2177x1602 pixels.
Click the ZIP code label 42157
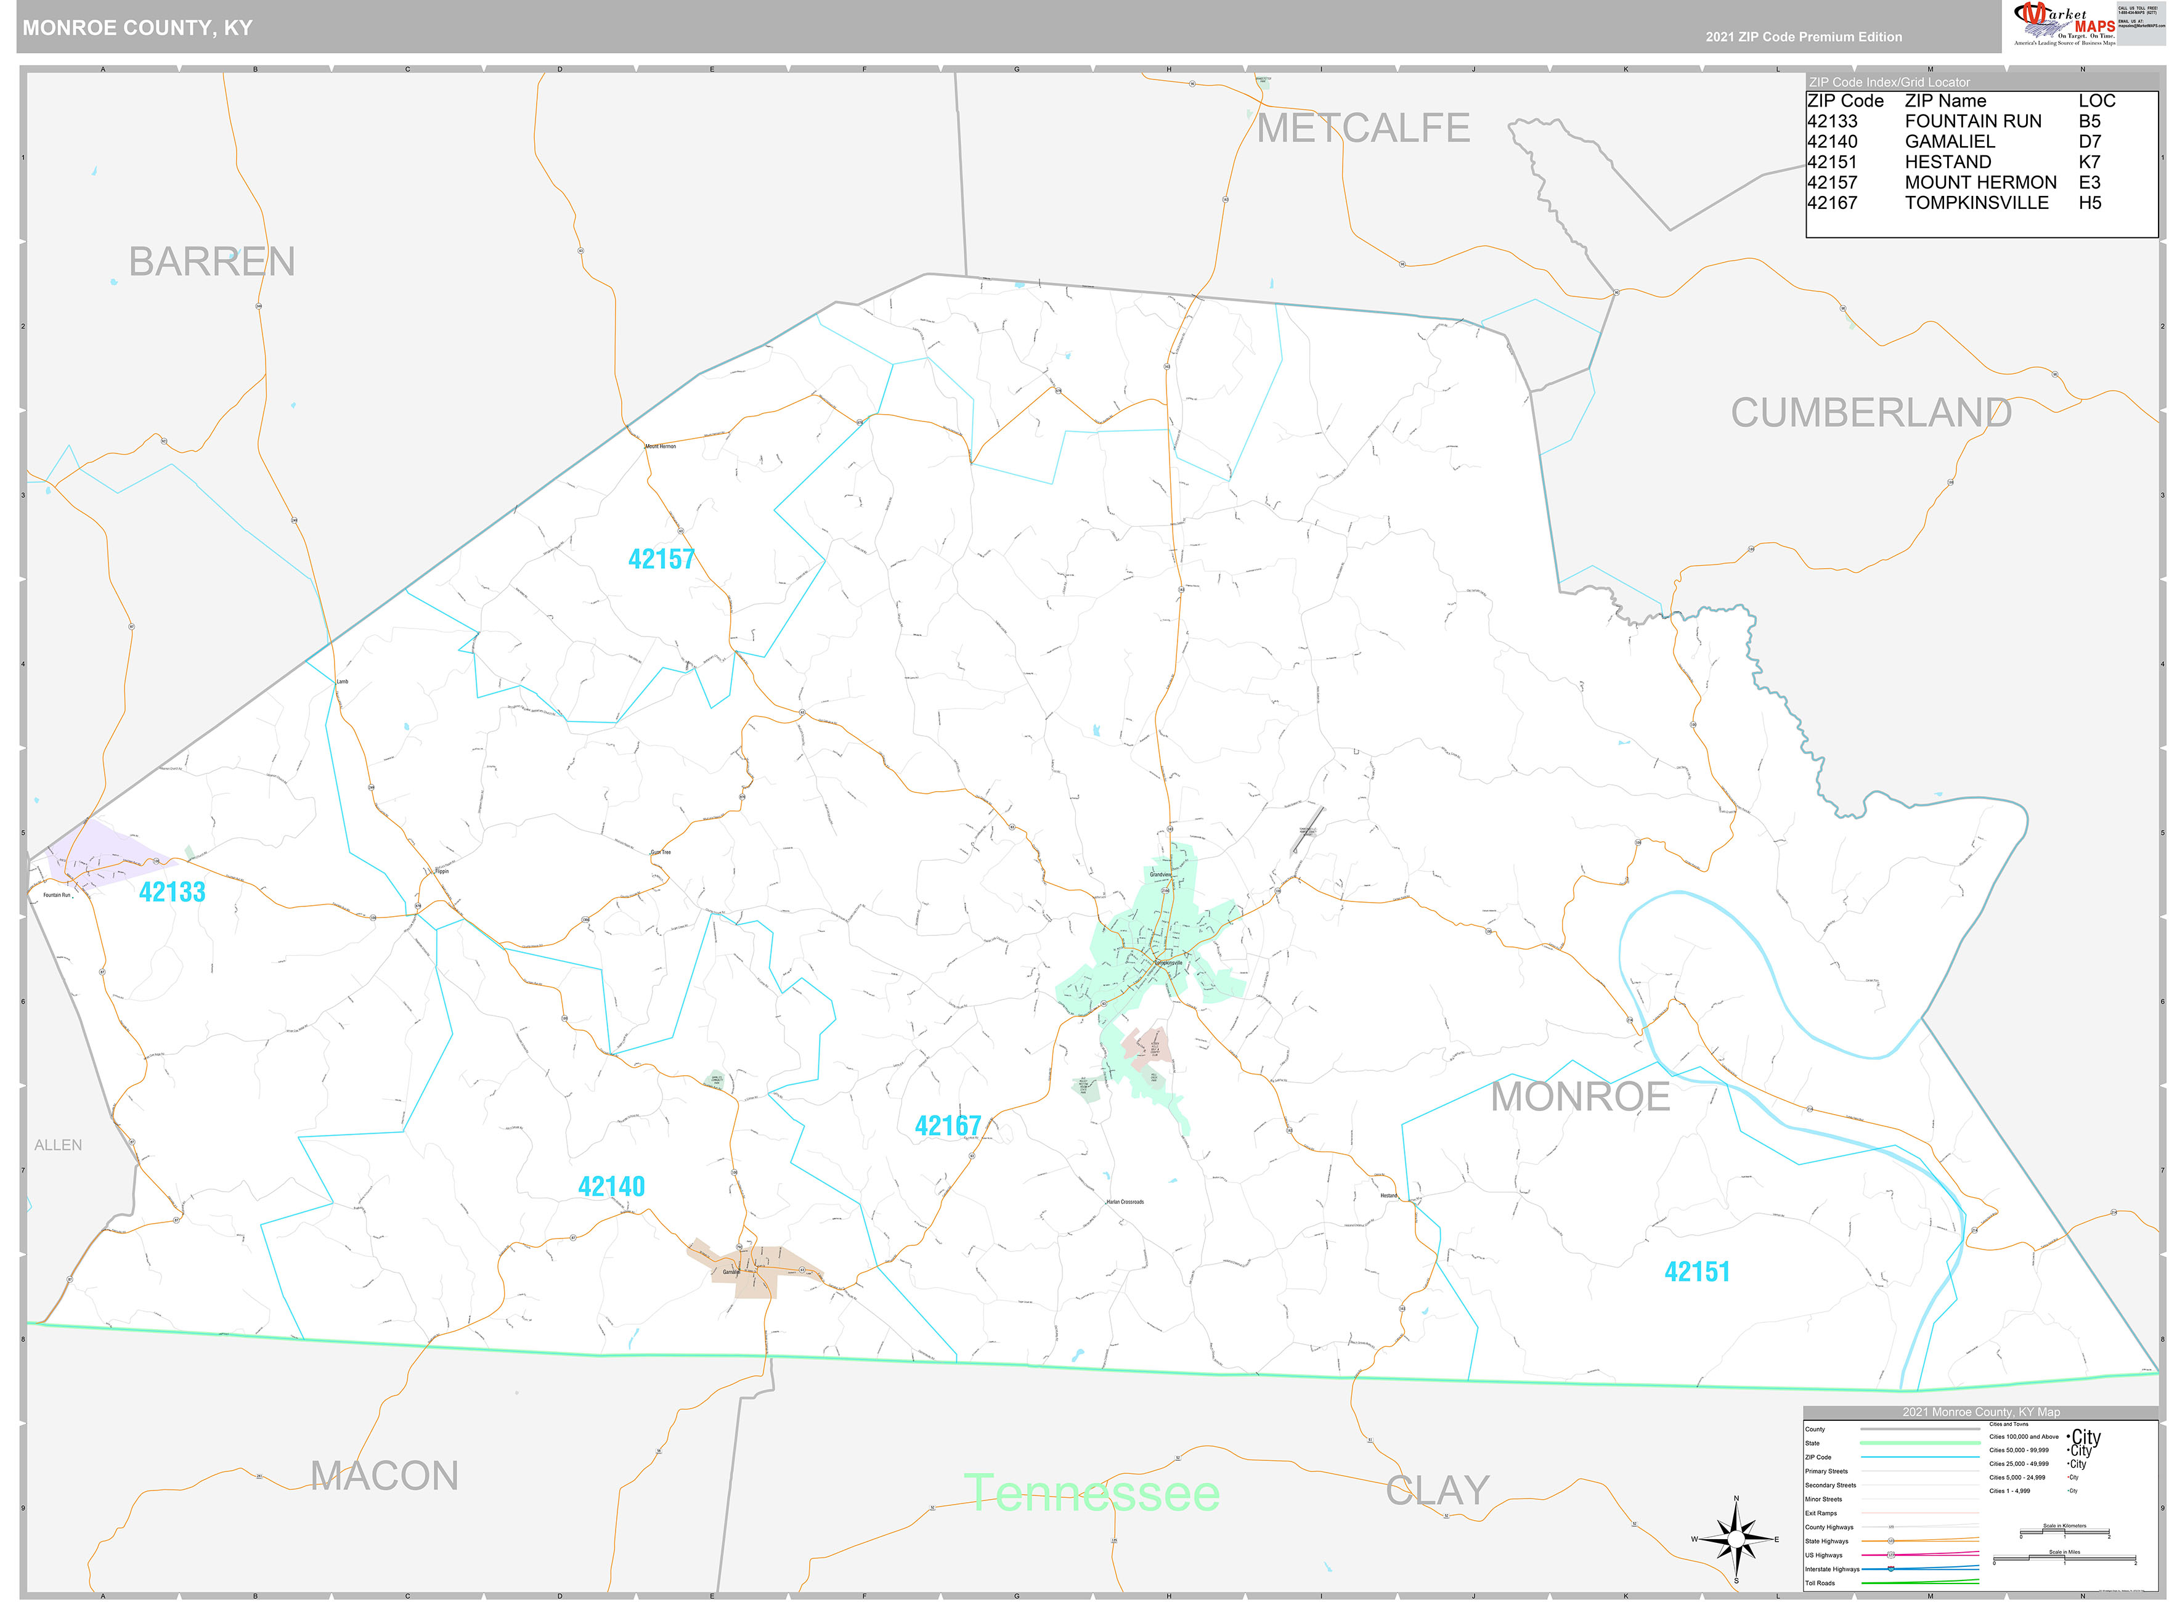pos(661,559)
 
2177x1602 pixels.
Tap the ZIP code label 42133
pos(173,892)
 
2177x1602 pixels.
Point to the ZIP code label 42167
pos(948,1126)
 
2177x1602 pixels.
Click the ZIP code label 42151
pos(1697,1272)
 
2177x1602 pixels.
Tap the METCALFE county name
pos(1362,129)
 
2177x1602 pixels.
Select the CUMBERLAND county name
pos(1871,413)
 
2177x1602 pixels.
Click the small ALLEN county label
pos(58,1145)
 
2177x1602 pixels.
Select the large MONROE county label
pos(1580,1097)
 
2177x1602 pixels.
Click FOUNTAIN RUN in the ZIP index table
pos(1972,121)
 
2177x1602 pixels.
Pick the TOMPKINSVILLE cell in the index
pos(1976,203)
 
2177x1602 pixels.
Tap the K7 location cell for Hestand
pos(2089,162)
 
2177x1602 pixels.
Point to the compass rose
pos(1736,1539)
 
